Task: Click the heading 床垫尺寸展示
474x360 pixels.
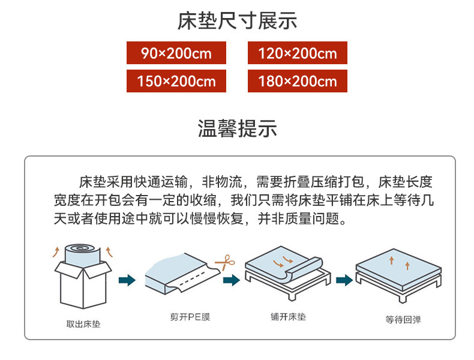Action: point(237,22)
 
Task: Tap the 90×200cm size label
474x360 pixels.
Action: point(176,53)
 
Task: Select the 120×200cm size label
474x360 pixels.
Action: point(297,53)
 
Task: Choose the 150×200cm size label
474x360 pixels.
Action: point(176,81)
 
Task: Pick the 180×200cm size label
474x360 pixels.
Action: point(297,81)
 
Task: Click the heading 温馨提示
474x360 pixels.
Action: point(237,128)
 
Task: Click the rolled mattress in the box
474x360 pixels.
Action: point(82,255)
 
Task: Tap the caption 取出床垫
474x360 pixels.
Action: point(83,325)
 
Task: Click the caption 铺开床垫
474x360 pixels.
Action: point(288,316)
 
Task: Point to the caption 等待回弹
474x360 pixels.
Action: point(403,320)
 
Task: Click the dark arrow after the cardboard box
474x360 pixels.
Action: point(127,279)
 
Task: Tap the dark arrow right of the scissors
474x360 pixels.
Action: point(231,279)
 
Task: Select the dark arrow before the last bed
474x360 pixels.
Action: point(344,279)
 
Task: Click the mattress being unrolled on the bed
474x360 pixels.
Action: point(285,264)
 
